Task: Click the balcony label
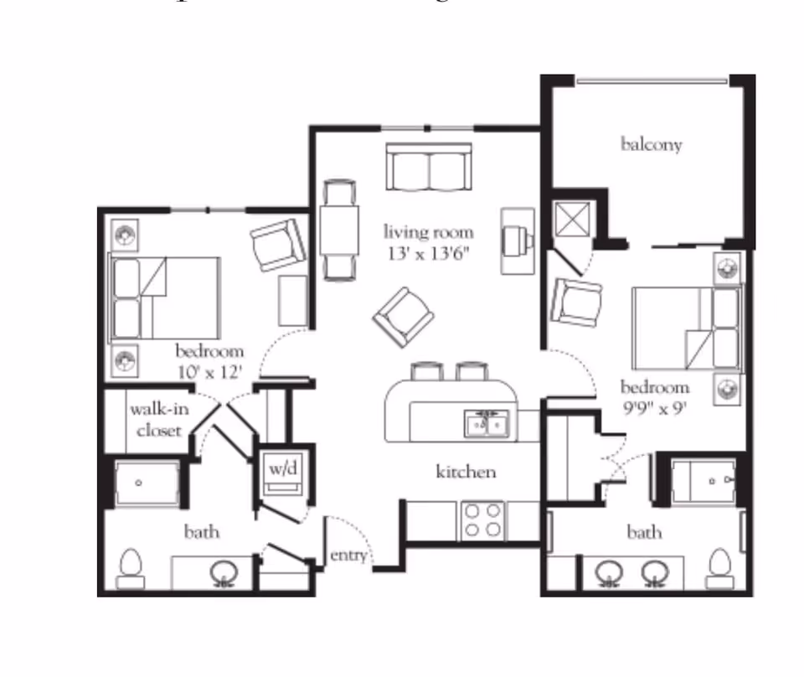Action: click(651, 144)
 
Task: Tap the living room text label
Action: click(428, 232)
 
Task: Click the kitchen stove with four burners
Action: click(483, 520)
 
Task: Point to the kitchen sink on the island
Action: click(487, 425)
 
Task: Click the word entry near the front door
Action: click(348, 556)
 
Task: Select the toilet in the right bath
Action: click(719, 567)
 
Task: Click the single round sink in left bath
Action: click(223, 572)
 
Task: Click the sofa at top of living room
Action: click(430, 167)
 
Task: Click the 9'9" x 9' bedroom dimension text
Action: click(654, 407)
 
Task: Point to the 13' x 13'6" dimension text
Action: click(428, 253)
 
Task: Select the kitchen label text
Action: click(466, 473)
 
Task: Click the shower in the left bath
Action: click(147, 483)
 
